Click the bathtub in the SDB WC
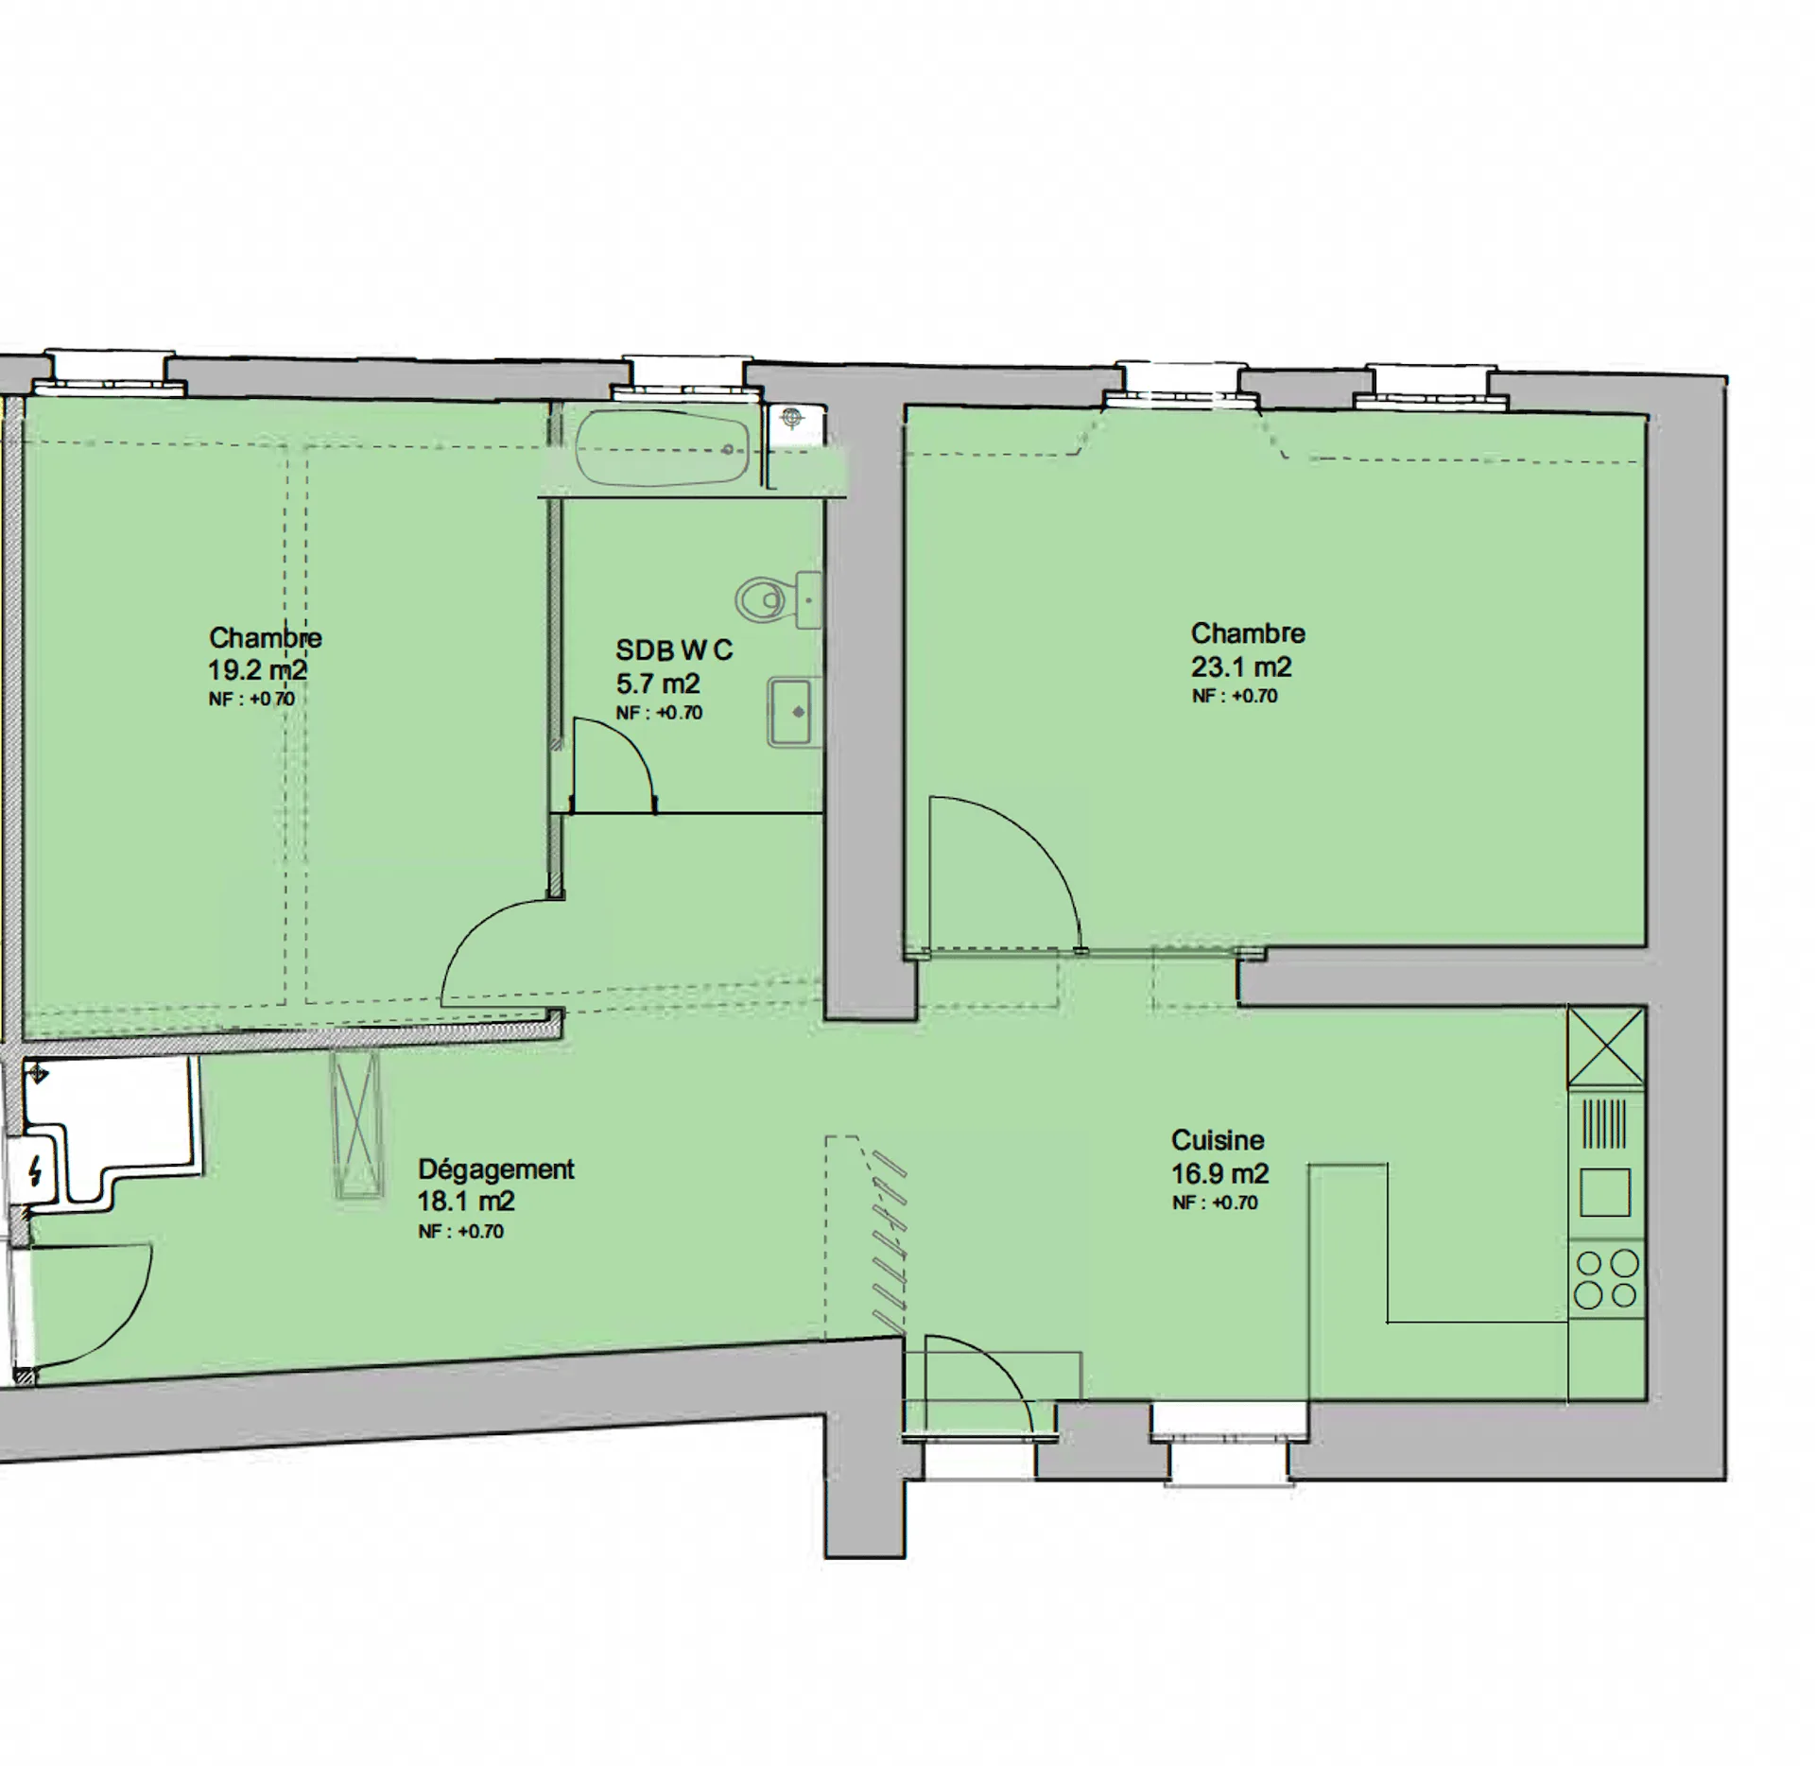(663, 448)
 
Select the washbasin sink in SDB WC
(792, 712)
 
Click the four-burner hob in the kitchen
(1606, 1278)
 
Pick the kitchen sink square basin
(1605, 1192)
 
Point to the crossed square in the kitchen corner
(1606, 1047)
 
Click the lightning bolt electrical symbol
(36, 1172)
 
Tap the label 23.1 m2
(1240, 667)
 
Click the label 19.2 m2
(257, 670)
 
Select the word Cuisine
(1218, 1140)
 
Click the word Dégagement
(496, 1170)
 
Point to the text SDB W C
(674, 650)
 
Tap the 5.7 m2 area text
(658, 684)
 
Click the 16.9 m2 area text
(1219, 1174)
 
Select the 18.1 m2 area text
(466, 1202)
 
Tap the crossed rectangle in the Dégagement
(357, 1126)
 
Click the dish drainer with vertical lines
(1605, 1123)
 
